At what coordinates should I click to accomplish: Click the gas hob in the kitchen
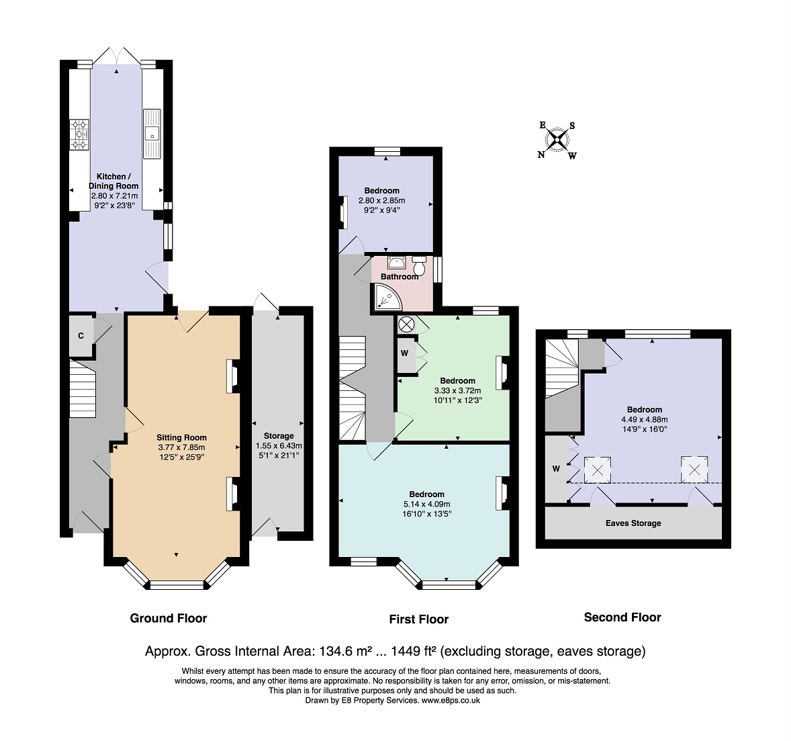click(79, 135)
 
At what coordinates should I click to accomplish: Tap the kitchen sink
click(152, 134)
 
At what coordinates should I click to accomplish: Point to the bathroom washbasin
click(397, 263)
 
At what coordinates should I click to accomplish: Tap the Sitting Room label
click(181, 437)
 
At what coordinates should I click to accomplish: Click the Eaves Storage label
click(633, 523)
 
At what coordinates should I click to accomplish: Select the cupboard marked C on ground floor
click(81, 336)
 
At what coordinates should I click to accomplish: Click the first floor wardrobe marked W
click(406, 353)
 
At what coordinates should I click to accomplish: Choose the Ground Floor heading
click(169, 618)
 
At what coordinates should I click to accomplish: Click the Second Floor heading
click(622, 617)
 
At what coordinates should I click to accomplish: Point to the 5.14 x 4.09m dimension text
click(427, 505)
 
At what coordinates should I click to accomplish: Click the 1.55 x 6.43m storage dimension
click(279, 445)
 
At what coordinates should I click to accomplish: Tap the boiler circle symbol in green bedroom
click(406, 324)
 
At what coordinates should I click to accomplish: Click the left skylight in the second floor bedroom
click(598, 470)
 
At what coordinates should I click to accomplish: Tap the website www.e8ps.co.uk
click(451, 701)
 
